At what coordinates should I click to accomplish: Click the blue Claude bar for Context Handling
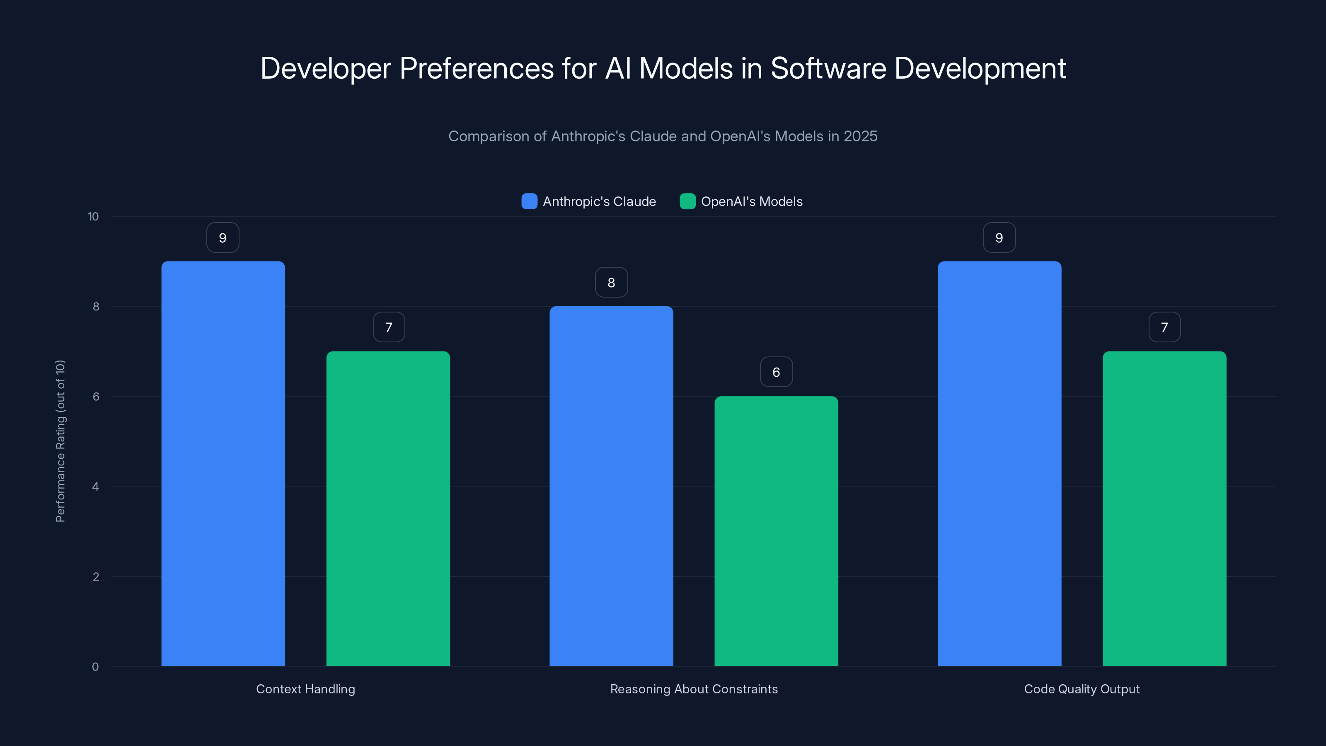click(223, 463)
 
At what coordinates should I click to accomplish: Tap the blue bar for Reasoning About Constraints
click(611, 486)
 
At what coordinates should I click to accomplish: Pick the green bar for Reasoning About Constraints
click(776, 531)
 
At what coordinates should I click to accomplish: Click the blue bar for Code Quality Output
click(999, 463)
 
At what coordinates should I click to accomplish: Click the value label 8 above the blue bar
click(611, 282)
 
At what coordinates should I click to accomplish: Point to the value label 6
click(776, 372)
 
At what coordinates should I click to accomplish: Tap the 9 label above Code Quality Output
click(999, 237)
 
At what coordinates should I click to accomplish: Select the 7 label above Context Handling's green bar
click(389, 327)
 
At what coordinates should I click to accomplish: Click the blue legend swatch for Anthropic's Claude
click(529, 201)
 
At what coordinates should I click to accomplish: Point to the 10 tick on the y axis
click(93, 216)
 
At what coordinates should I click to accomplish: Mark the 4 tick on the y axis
click(95, 487)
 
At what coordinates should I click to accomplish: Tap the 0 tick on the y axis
click(95, 667)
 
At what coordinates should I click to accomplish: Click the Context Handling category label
click(305, 689)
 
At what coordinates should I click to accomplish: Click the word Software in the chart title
click(828, 68)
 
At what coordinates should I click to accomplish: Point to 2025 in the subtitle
click(860, 136)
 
